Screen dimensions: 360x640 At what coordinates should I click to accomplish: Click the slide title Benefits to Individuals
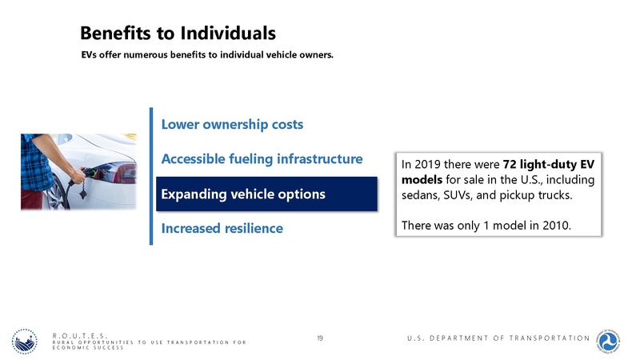point(178,33)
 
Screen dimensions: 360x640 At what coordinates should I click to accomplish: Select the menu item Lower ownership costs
point(232,125)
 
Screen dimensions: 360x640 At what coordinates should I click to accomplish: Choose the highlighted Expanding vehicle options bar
point(266,194)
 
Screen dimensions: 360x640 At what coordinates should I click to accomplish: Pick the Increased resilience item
point(222,229)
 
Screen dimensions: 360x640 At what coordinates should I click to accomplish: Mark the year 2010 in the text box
point(553,225)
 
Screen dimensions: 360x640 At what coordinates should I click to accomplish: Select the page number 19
point(319,340)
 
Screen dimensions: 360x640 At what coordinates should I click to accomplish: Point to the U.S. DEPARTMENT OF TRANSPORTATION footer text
point(498,338)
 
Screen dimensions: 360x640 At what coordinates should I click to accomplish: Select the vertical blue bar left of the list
point(150,176)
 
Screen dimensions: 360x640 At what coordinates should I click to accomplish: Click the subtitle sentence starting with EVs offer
point(207,57)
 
